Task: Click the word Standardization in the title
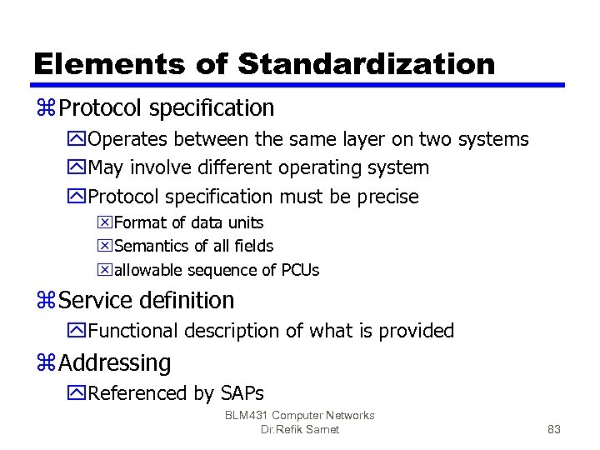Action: point(366,63)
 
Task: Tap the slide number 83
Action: point(554,430)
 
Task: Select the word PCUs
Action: point(300,270)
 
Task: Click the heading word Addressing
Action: point(115,362)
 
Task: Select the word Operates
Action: point(128,139)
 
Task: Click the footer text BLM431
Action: point(247,415)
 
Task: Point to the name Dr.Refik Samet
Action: point(300,430)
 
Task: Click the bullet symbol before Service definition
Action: point(46,300)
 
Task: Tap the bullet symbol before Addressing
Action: point(46,363)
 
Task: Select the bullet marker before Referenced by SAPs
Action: point(78,393)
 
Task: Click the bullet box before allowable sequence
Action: point(105,270)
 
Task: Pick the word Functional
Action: point(132,331)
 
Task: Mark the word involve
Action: point(164,167)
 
